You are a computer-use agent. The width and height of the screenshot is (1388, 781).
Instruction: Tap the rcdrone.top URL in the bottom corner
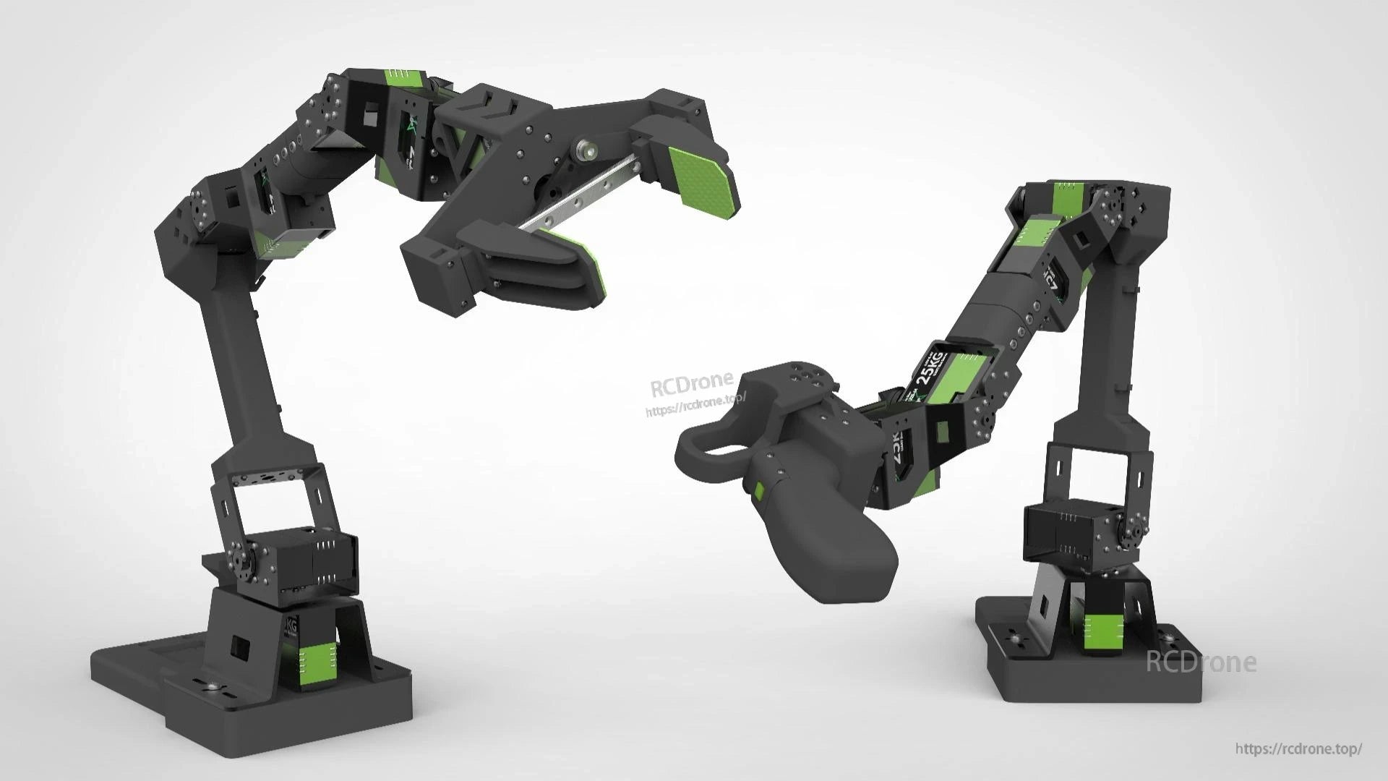(x=1298, y=749)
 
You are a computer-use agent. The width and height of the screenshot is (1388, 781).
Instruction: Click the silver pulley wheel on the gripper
(x=586, y=151)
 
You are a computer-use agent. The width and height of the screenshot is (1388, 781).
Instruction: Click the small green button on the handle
(x=758, y=492)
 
